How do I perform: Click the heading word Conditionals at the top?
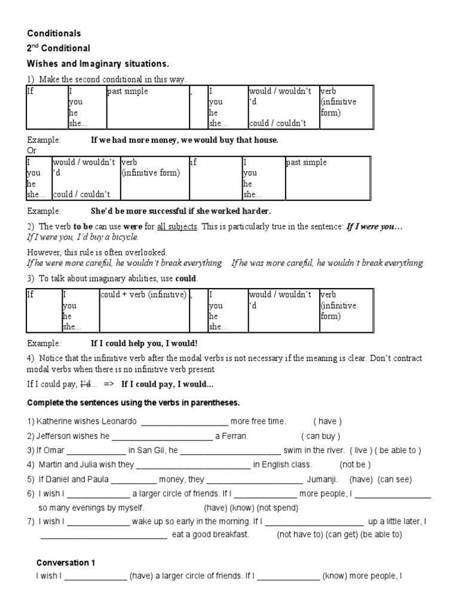54,33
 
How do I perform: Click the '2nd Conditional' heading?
59,48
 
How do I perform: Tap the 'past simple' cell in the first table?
127,91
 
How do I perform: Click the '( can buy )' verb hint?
321,436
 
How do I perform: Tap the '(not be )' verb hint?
355,464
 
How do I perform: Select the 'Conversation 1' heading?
66,562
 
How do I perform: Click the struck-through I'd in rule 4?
87,384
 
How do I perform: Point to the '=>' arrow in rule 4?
108,384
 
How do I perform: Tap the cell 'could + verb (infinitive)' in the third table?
143,295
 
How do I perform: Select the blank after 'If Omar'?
99,451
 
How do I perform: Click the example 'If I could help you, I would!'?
143,343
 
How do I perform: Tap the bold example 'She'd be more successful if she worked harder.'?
180,211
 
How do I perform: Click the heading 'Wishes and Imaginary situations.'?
98,63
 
